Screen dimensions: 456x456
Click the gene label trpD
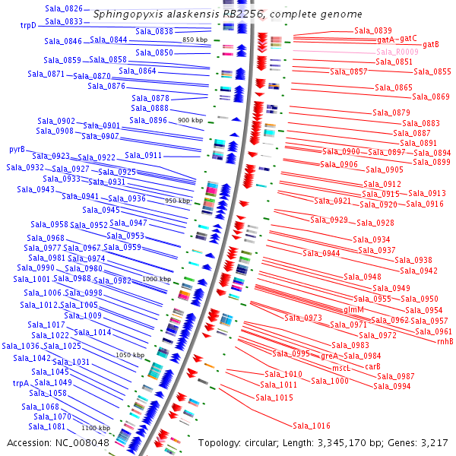pyautogui.click(x=28, y=25)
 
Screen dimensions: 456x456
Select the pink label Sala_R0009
pyautogui.click(x=397, y=52)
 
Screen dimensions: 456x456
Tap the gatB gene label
pyautogui.click(x=431, y=45)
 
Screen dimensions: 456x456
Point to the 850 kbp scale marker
pyautogui.click(x=195, y=40)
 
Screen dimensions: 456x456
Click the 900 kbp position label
pyautogui.click(x=189, y=120)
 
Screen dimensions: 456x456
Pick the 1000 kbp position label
pyautogui.click(x=156, y=279)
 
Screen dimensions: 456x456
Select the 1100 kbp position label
pyautogui.click(x=96, y=428)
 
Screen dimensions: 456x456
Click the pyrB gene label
pyautogui.click(x=17, y=149)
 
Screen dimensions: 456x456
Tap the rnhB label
pyautogui.click(x=445, y=341)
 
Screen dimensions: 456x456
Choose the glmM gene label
pyautogui.click(x=354, y=309)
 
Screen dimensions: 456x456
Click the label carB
pyautogui.click(x=372, y=366)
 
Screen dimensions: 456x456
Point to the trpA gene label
pyautogui.click(x=21, y=383)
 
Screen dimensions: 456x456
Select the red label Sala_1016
pyautogui.click(x=312, y=426)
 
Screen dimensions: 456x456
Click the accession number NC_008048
pyautogui.click(x=84, y=442)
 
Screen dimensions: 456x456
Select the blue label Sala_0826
pyautogui.click(x=64, y=8)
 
